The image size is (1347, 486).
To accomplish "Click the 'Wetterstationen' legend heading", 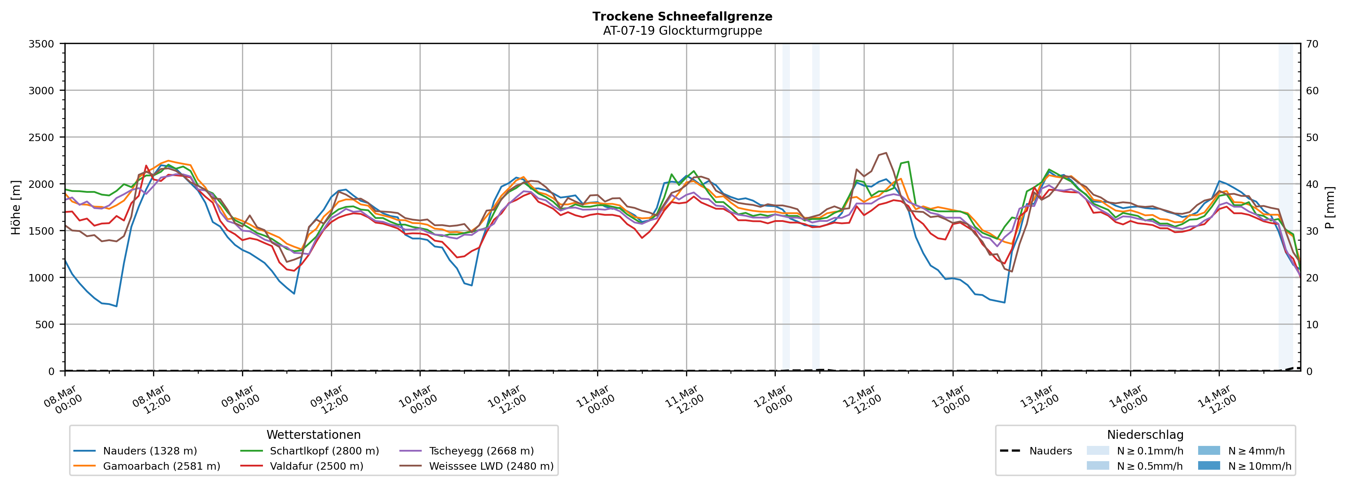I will (x=313, y=435).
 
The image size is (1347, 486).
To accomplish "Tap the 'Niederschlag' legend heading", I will (x=1145, y=435).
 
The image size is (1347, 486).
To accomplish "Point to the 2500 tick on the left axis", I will (x=41, y=138).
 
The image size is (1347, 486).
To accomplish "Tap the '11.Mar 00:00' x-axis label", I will (x=595, y=400).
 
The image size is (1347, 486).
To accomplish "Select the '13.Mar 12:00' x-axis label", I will (x=1039, y=400).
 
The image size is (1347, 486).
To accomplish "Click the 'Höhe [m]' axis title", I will (x=16, y=207).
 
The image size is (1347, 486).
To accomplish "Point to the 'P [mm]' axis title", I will (x=1330, y=207).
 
